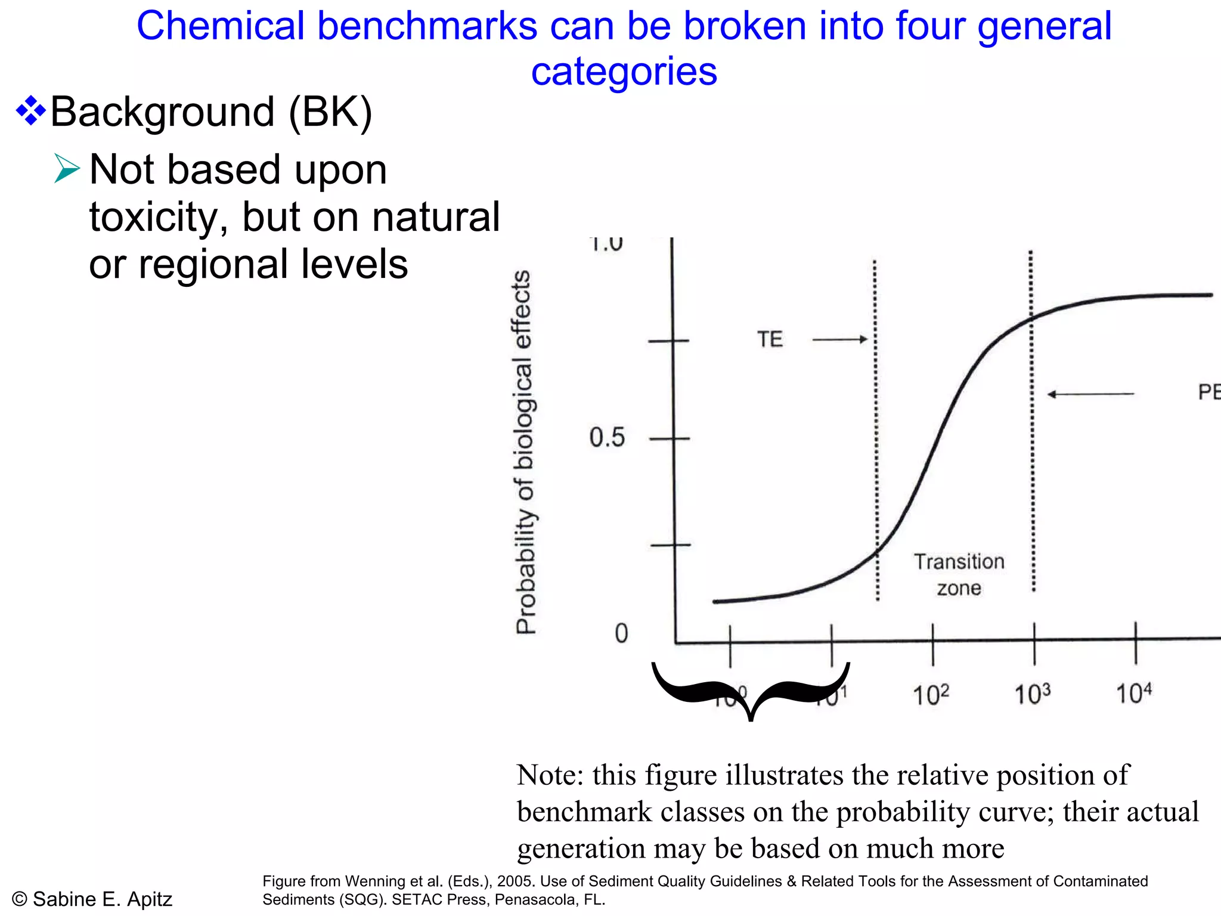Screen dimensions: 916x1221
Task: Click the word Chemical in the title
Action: point(219,27)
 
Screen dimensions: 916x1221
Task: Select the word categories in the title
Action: point(624,72)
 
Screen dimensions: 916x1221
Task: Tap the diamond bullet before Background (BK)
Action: point(30,112)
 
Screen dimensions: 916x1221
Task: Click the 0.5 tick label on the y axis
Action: point(606,438)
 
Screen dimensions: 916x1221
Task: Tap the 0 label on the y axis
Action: point(621,633)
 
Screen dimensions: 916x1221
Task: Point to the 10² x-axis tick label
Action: point(931,694)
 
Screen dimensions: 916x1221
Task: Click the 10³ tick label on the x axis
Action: point(1032,694)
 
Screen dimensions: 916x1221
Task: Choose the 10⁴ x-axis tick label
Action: point(1133,693)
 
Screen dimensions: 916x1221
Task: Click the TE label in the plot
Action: point(770,339)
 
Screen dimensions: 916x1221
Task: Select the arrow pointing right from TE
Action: point(839,339)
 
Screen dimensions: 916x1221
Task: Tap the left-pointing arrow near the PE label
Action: point(1090,394)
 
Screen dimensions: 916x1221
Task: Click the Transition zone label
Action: point(959,574)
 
